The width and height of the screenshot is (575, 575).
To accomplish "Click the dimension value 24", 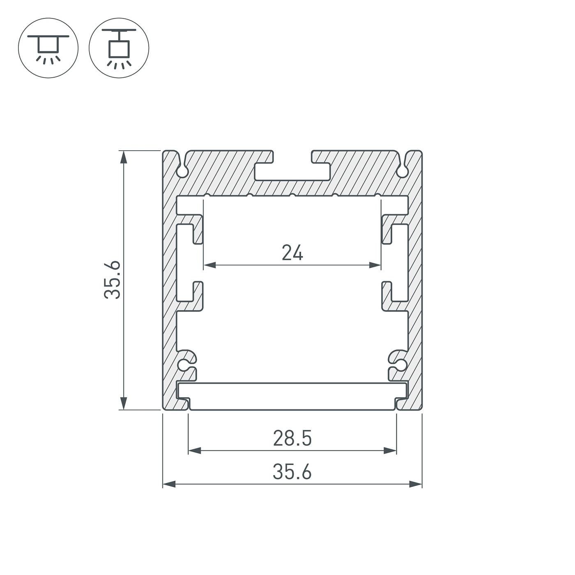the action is coord(292,253).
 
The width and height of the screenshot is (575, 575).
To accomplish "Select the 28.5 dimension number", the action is coord(292,438).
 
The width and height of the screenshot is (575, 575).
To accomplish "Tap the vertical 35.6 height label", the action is coord(112,280).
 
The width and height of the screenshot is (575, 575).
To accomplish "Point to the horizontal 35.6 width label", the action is coord(292,472).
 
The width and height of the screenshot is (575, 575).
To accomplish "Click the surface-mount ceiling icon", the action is coord(48,48).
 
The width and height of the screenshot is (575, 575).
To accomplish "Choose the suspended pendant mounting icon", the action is coord(119,48).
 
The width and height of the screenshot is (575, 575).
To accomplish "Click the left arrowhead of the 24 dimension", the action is coord(209,265).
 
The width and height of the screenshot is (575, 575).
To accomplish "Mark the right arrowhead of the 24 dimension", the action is coord(375,265).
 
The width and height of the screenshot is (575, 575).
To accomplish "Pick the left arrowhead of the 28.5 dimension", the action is coord(195,451).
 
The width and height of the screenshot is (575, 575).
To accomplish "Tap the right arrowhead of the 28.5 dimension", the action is coord(390,451).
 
